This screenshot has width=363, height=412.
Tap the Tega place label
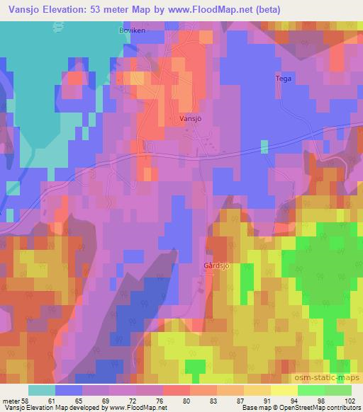click(x=283, y=79)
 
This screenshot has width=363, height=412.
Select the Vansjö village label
click(x=190, y=119)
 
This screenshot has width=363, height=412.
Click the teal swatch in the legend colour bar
click(x=42, y=390)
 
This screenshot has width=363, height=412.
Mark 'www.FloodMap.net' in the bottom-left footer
click(x=135, y=408)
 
